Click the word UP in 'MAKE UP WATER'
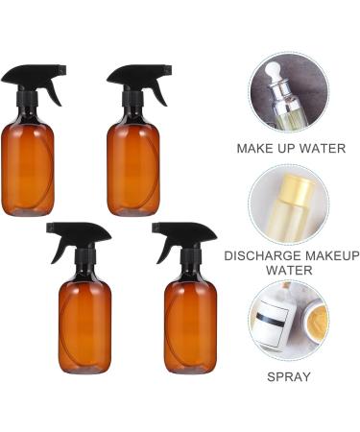tap(284, 149)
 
